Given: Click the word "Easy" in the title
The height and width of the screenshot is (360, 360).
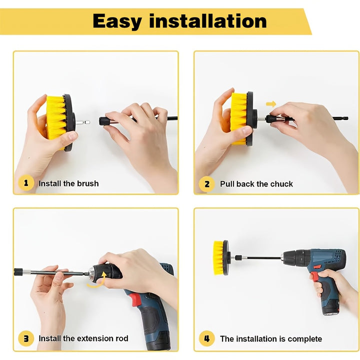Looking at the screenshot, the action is pos(117,21).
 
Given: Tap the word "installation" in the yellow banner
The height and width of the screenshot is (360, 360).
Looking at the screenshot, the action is pos(208,20).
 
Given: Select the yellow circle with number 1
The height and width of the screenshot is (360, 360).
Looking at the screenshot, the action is pos(26,183).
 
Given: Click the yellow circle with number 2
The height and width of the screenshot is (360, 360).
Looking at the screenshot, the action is pos(207,183).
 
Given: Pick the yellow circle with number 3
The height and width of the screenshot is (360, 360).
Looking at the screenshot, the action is pos(26,338).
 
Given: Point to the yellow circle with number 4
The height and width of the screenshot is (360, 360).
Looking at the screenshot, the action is pos(207,338).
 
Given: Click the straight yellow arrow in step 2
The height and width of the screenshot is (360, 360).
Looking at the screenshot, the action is pos(271,104).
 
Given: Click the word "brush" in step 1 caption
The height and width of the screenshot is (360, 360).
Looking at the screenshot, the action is pos(87,183).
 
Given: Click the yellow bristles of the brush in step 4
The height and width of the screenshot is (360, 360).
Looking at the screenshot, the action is pos(218,257).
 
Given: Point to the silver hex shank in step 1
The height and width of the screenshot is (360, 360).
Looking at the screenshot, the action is pos(82,122).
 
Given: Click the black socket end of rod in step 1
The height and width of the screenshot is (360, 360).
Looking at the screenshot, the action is pos(103,121).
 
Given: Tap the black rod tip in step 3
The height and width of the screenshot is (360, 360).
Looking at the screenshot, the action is pos(17,272).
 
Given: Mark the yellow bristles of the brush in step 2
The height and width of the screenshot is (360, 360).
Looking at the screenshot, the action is pos(239,118).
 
